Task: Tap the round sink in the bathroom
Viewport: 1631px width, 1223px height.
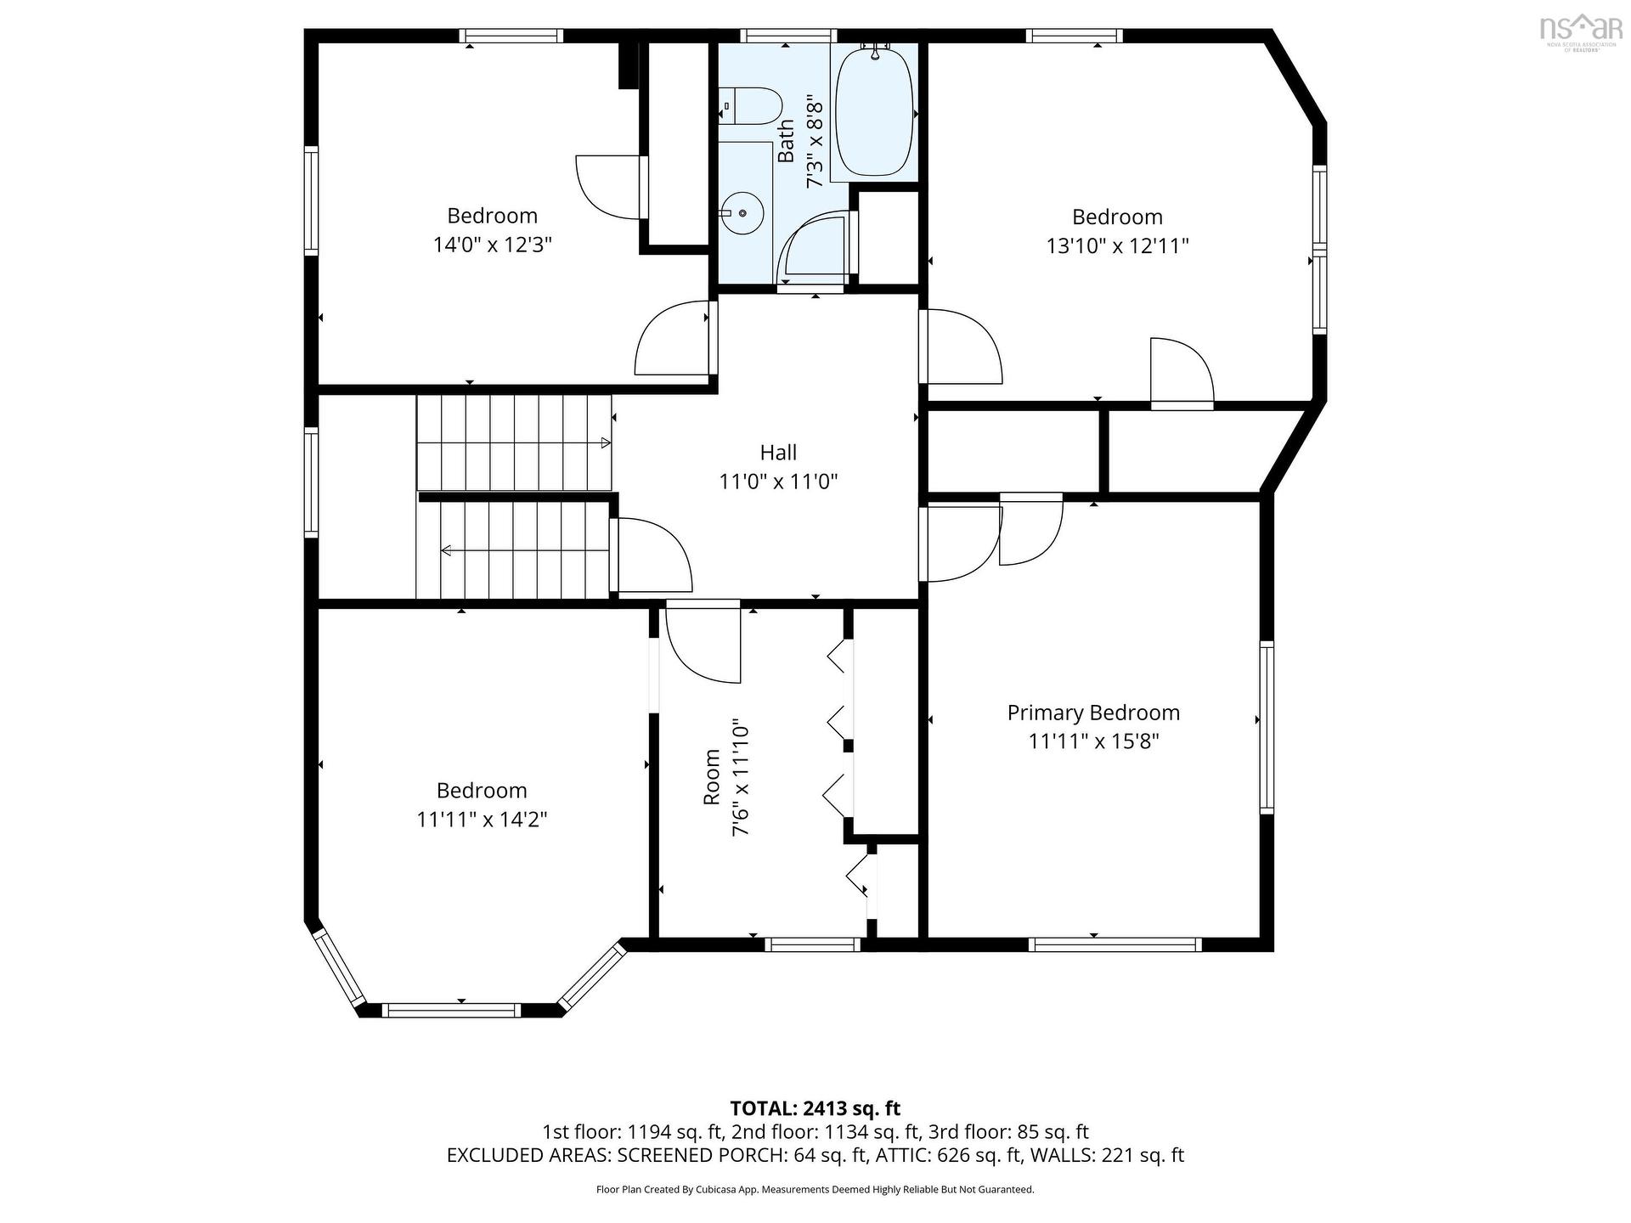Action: point(742,213)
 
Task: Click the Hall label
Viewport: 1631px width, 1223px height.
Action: point(778,453)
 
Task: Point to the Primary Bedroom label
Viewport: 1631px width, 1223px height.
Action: point(1093,713)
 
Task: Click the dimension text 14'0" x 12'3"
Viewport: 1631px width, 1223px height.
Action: point(493,245)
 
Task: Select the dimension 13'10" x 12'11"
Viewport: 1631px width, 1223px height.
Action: point(1117,246)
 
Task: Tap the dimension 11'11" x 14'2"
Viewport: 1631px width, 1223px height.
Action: point(482,820)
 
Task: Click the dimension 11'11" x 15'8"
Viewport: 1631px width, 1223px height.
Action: point(1093,741)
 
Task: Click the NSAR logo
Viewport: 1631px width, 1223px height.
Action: point(1580,31)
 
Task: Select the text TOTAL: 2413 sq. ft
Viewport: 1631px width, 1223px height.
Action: point(815,1108)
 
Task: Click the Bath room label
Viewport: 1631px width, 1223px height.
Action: point(786,141)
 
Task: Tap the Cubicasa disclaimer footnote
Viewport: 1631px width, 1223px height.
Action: point(815,1190)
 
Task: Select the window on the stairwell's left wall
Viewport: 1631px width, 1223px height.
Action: point(312,482)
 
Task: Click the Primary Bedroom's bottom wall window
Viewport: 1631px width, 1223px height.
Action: point(1115,944)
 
